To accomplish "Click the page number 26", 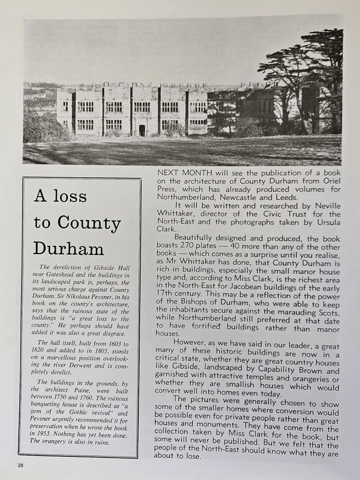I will click(20, 465).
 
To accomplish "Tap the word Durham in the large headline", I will click(68, 248).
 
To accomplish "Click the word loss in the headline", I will click(70, 196).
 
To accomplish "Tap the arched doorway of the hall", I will click(142, 130).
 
